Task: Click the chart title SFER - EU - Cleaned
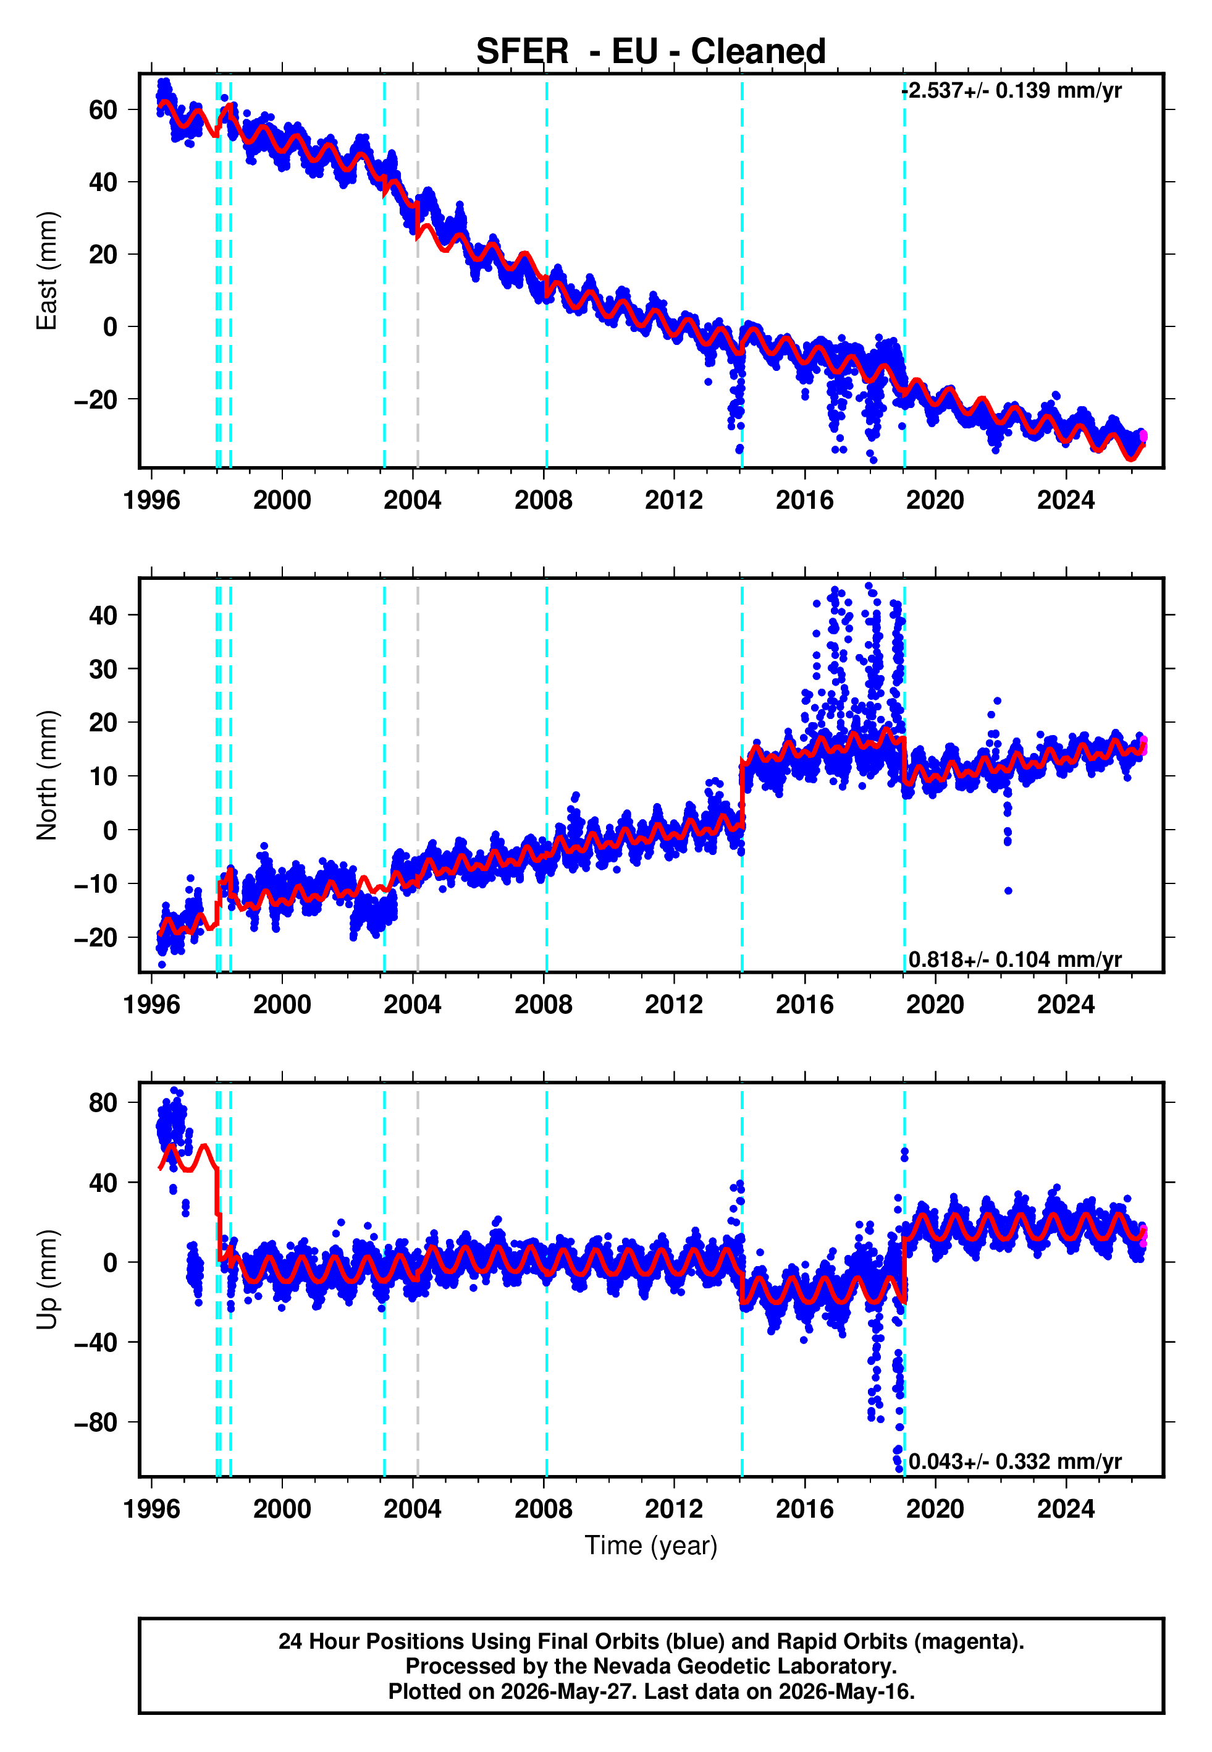tap(651, 52)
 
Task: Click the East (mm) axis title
tap(47, 271)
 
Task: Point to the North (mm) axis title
tap(47, 775)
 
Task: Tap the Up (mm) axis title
tap(47, 1280)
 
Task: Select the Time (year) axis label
tap(651, 1546)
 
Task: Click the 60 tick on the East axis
tap(103, 110)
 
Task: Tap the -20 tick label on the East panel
tap(96, 399)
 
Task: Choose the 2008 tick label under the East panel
tap(544, 500)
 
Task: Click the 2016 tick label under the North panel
tap(805, 1005)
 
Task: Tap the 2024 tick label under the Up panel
tap(1066, 1509)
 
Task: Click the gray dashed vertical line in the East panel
tap(418, 271)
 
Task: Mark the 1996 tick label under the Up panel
tap(152, 1509)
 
